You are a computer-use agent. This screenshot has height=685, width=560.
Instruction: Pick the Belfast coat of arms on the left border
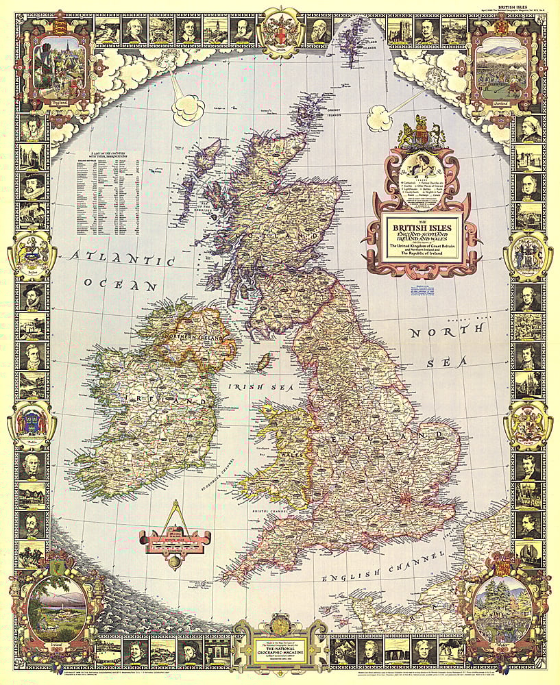coord(30,254)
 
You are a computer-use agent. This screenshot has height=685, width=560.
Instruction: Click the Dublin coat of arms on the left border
coord(30,424)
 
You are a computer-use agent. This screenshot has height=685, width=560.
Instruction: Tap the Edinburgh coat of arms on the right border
coord(528,253)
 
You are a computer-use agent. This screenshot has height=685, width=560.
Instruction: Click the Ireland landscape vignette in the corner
coord(58,606)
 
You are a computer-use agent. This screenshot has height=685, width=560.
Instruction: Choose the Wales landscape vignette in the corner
coord(504,606)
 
